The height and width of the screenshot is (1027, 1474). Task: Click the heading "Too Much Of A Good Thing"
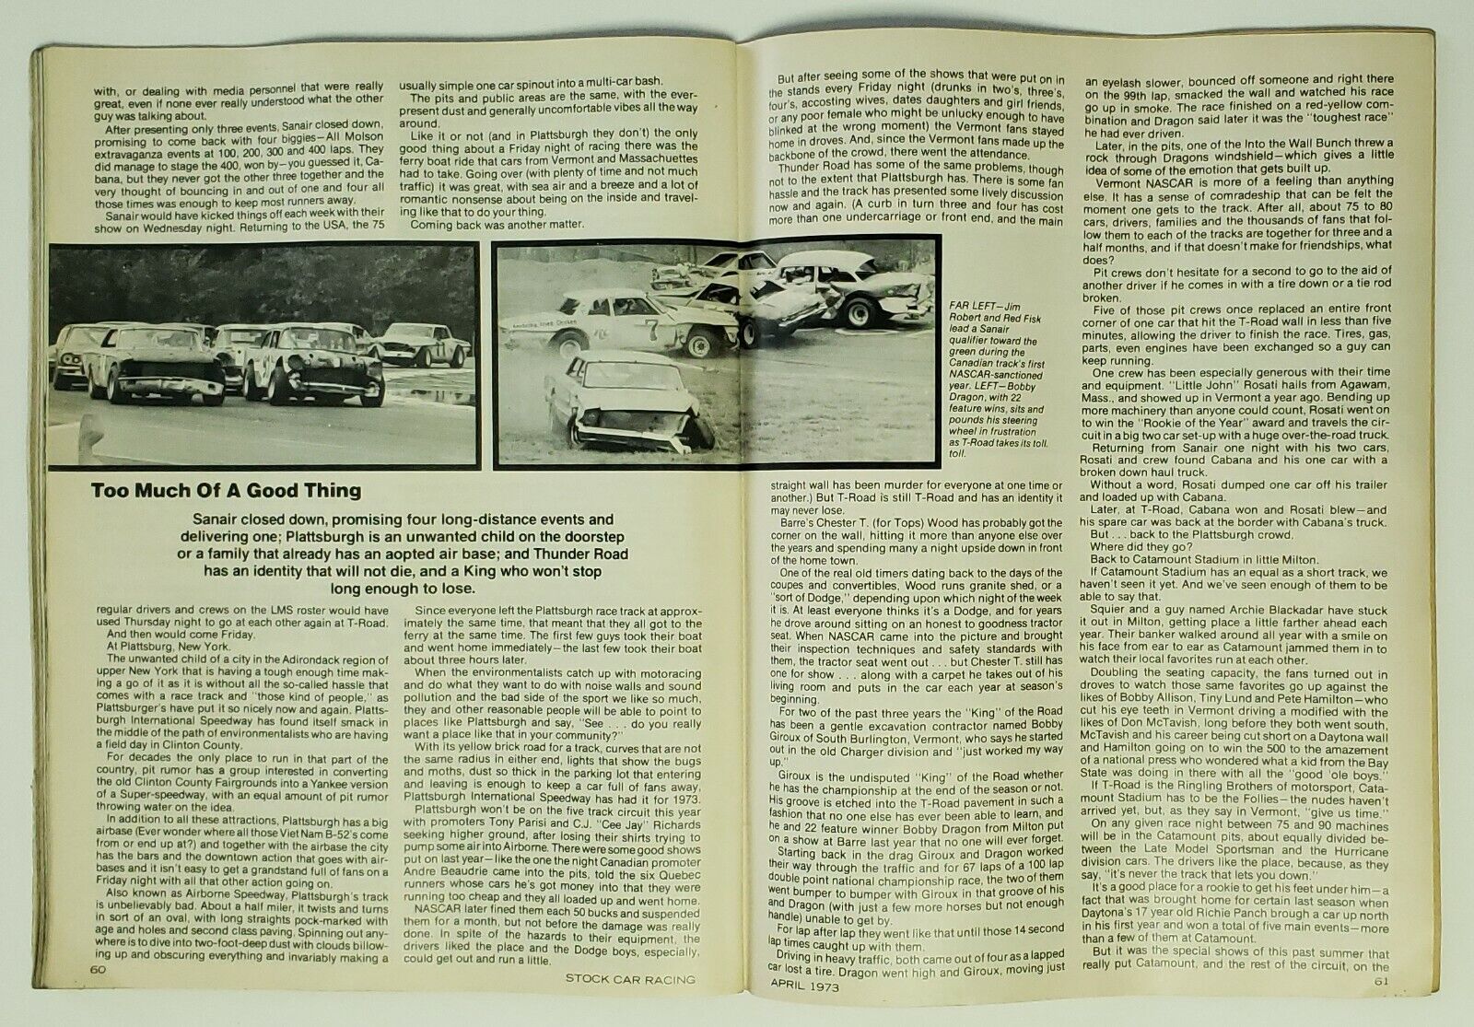point(226,491)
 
